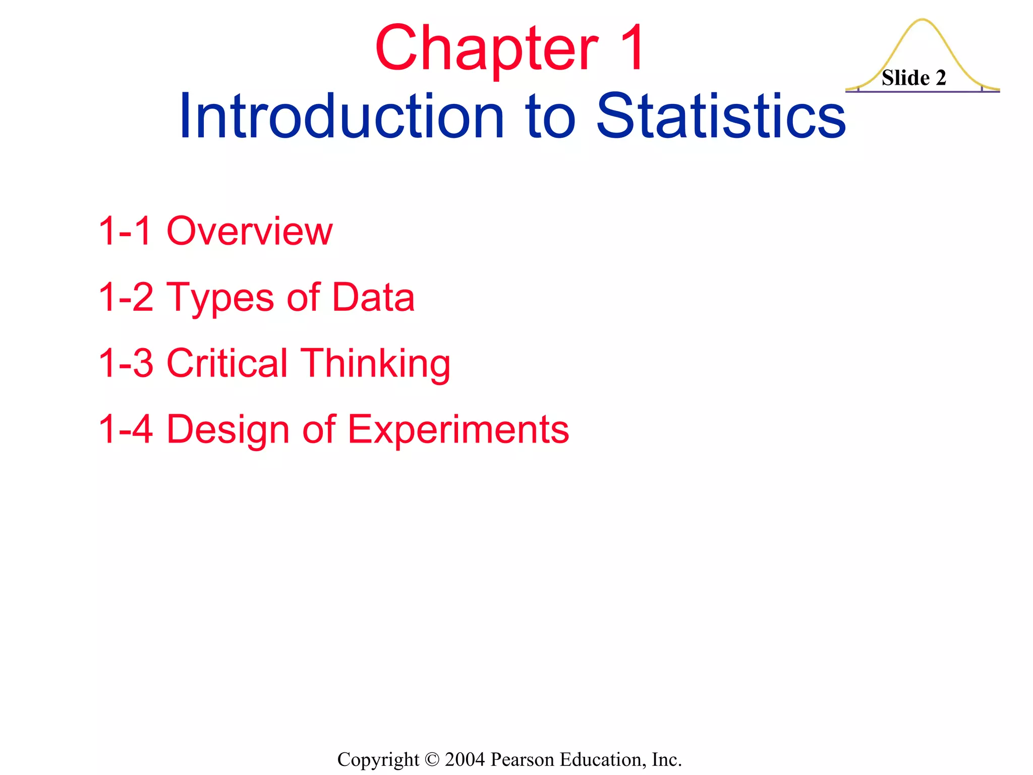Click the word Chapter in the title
[486, 49]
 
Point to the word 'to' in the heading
[550, 117]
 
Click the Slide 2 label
[913, 78]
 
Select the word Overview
[250, 231]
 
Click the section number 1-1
[125, 231]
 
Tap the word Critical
[227, 363]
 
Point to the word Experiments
[458, 430]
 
